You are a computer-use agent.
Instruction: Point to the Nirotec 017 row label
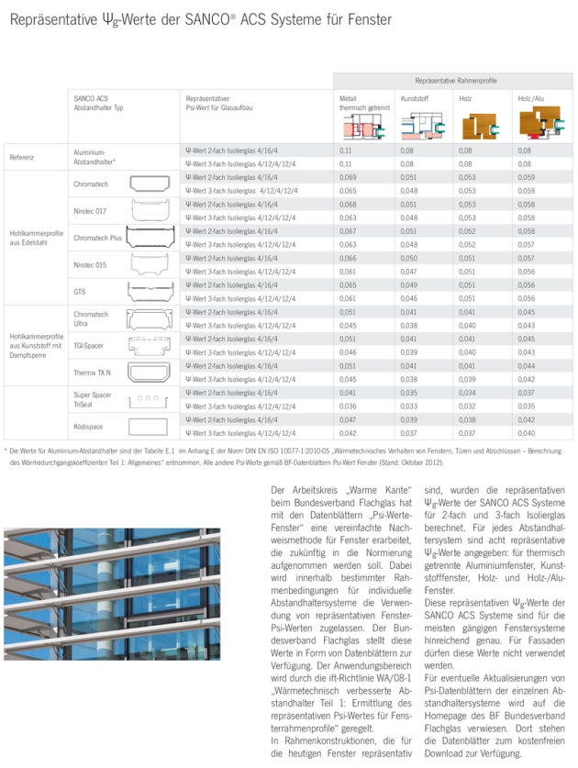[x=89, y=210]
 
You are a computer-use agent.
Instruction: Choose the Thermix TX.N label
[x=92, y=372]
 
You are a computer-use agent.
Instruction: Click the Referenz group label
[x=22, y=156]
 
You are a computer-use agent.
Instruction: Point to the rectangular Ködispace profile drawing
[x=148, y=426]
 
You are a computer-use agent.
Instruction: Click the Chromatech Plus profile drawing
[x=150, y=237]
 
